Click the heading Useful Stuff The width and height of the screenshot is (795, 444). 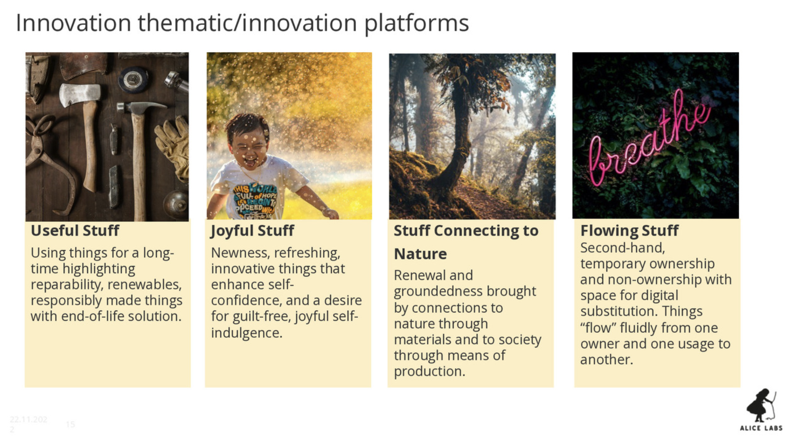[75, 231]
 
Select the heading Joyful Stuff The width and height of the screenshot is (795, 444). [252, 231]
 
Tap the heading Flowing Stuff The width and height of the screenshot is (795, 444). [629, 231]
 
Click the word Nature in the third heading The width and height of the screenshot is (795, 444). [420, 254]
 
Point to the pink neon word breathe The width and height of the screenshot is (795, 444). [650, 138]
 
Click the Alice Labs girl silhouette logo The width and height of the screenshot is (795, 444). [761, 405]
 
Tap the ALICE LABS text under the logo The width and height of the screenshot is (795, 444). [761, 428]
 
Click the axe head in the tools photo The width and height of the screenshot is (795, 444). [79, 95]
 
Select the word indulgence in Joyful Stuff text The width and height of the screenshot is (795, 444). [246, 333]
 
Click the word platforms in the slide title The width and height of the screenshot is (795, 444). [416, 23]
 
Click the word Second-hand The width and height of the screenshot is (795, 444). [623, 248]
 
